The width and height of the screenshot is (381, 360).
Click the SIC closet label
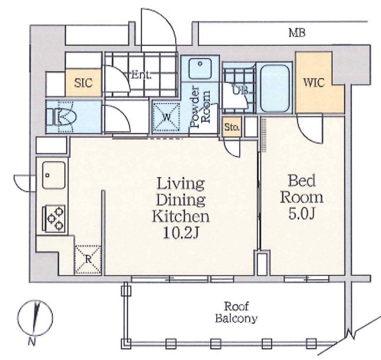click(84, 83)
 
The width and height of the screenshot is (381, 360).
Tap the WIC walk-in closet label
click(314, 83)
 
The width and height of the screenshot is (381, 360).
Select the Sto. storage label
click(232, 127)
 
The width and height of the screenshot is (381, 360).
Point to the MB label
click(297, 33)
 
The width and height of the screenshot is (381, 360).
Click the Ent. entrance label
click(141, 75)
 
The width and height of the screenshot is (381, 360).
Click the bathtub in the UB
click(275, 88)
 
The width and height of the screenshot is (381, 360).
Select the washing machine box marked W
click(166, 118)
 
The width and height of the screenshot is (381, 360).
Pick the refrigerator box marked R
click(88, 260)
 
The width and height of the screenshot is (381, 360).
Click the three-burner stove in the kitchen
click(54, 219)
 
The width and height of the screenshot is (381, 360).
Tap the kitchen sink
click(54, 175)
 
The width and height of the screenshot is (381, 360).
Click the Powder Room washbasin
click(200, 68)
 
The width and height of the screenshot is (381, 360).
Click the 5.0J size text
click(302, 214)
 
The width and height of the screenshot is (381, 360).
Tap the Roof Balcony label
click(236, 312)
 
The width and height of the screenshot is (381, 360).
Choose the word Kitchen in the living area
click(181, 216)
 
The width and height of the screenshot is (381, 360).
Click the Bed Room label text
click(302, 189)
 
